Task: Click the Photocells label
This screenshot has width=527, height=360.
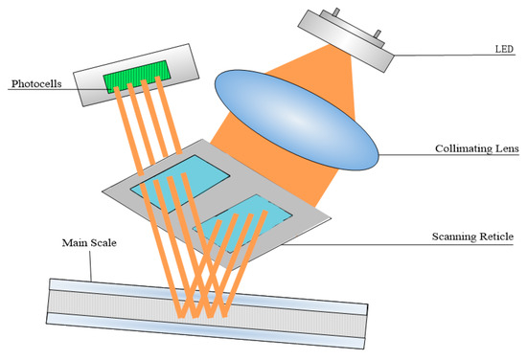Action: (x=35, y=84)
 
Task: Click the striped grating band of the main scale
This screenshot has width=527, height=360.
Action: (x=206, y=307)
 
